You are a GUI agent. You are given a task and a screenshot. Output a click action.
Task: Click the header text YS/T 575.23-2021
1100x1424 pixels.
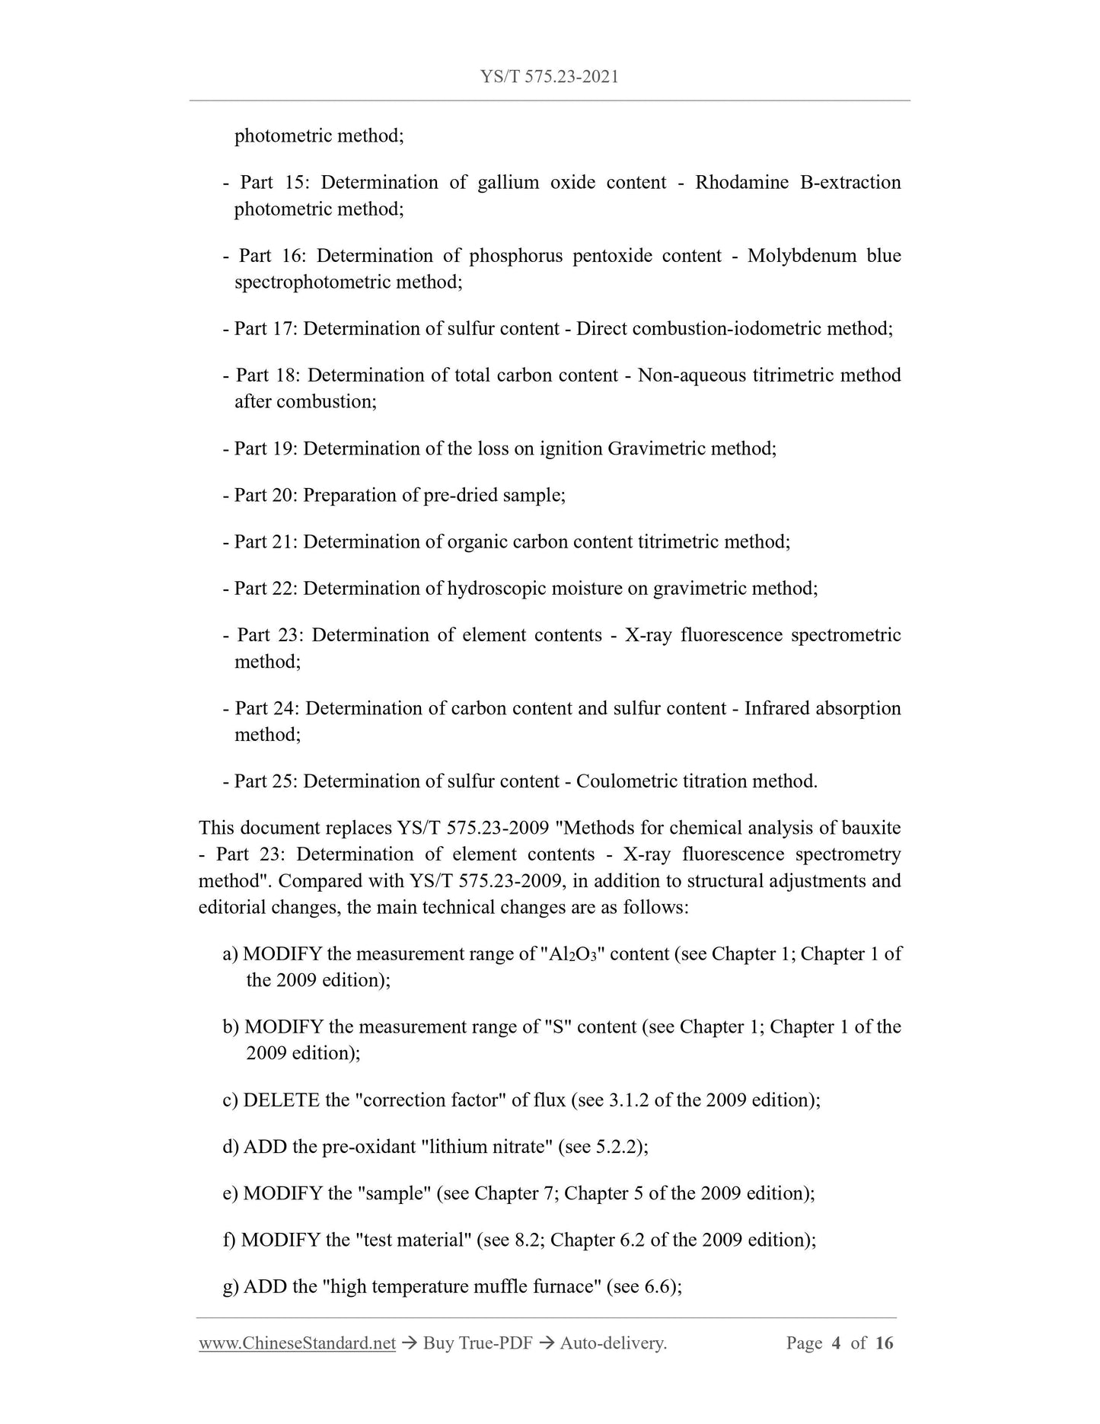549,77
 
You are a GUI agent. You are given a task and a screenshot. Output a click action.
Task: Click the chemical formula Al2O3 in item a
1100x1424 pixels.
572,955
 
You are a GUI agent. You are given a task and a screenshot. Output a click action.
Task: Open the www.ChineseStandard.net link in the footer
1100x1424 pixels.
297,1365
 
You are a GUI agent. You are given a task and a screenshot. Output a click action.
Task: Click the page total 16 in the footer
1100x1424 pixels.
884,1365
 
